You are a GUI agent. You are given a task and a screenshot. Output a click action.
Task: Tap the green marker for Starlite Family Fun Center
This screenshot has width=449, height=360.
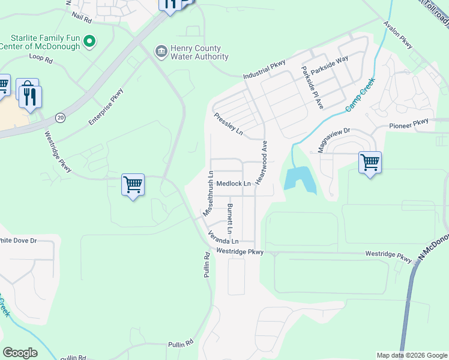click(89, 41)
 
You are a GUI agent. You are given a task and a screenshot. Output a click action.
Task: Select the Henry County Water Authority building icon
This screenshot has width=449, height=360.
click(161, 52)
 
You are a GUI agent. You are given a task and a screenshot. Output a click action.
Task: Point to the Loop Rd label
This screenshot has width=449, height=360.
click(41, 59)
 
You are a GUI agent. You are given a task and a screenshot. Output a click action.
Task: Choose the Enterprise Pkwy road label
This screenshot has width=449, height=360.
click(106, 107)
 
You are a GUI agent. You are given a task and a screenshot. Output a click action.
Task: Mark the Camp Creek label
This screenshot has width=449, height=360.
click(360, 94)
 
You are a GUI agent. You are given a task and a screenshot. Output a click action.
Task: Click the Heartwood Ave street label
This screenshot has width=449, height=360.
click(261, 163)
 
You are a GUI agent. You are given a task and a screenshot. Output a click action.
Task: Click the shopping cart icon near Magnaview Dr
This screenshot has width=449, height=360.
click(370, 161)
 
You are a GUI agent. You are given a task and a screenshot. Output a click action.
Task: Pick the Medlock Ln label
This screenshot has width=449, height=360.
click(233, 184)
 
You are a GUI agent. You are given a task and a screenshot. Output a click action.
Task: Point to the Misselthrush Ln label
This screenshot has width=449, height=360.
click(208, 193)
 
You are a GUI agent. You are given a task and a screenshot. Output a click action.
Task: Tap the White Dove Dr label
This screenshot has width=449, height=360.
click(18, 241)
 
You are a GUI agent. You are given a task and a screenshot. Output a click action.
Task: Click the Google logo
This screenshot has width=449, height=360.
click(20, 353)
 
